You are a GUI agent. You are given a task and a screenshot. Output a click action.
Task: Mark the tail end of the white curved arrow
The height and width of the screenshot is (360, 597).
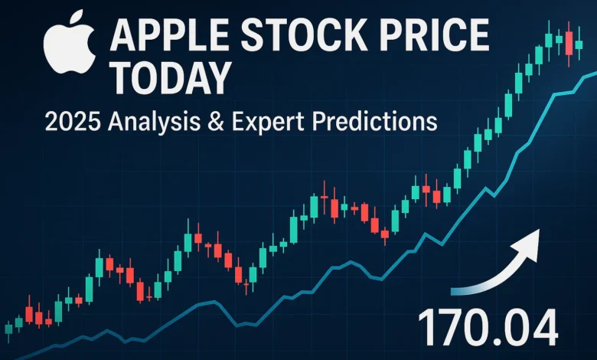click(x=456, y=290)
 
